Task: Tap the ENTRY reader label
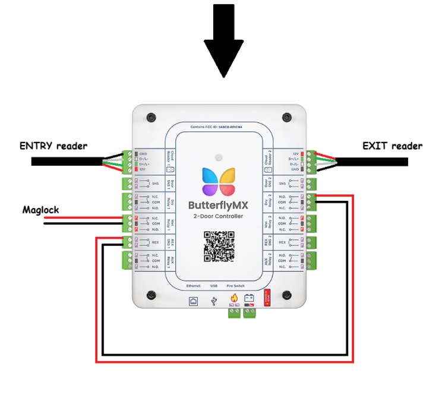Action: point(53,146)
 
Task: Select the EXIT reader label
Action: point(393,146)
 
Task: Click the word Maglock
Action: point(41,210)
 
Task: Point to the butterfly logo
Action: point(219,181)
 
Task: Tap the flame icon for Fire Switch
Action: point(234,298)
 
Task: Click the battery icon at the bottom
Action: point(250,298)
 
